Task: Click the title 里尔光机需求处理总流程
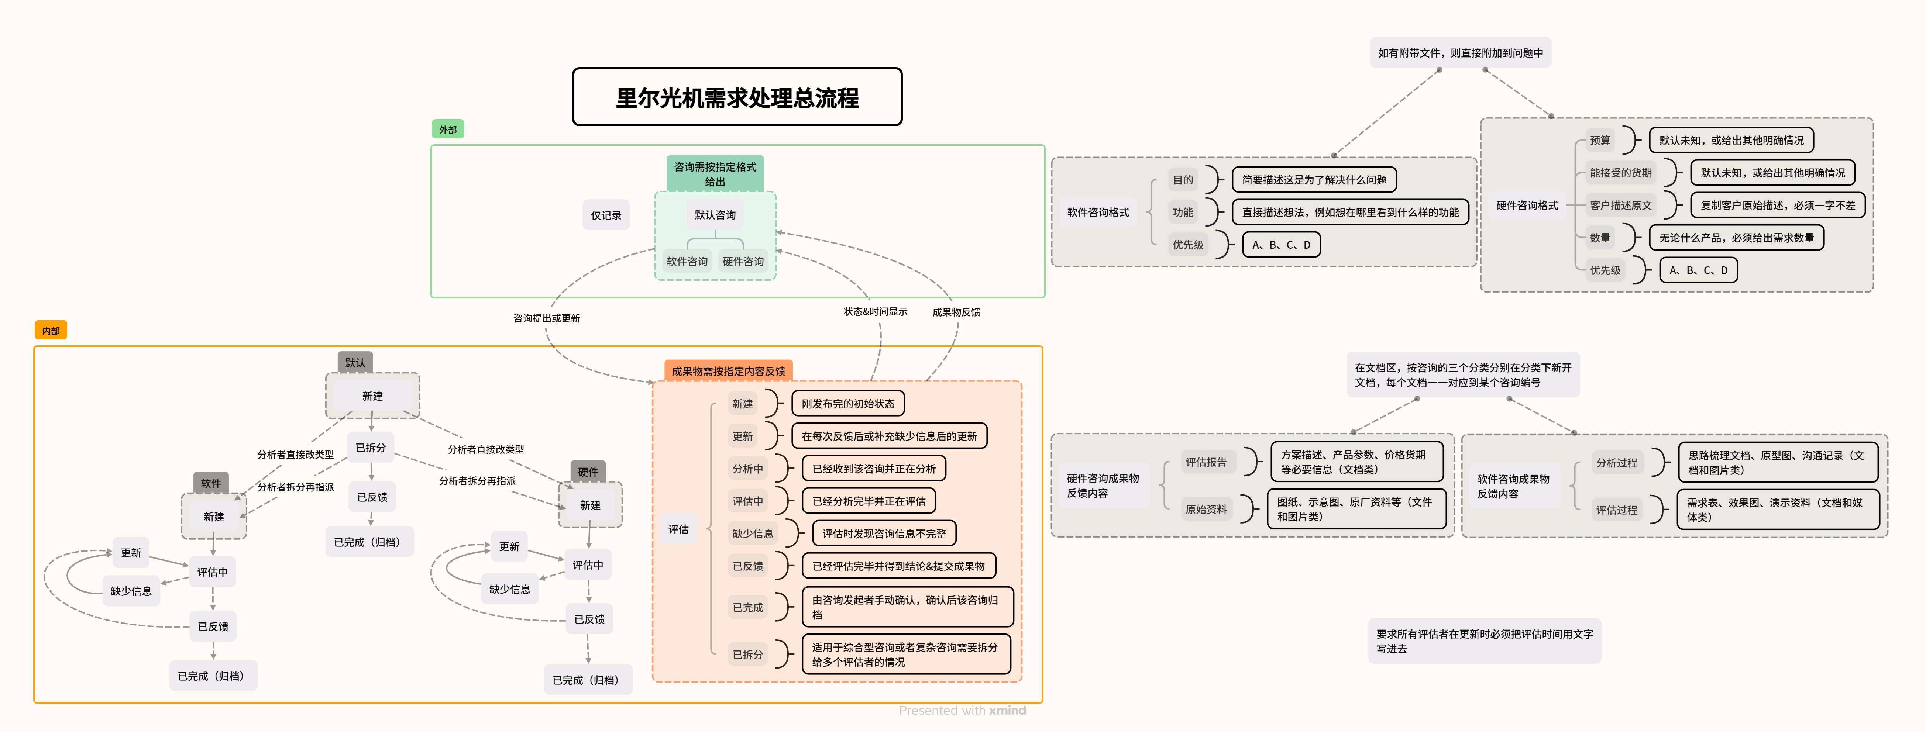pyautogui.click(x=737, y=97)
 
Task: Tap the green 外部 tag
pyautogui.click(x=448, y=130)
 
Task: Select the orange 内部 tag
pyautogui.click(x=51, y=331)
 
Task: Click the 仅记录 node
pyautogui.click(x=606, y=215)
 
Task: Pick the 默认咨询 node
pyautogui.click(x=715, y=215)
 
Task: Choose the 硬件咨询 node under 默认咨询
pyautogui.click(x=743, y=261)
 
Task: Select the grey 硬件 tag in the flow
pyautogui.click(x=588, y=472)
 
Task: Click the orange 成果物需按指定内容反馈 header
pyautogui.click(x=728, y=371)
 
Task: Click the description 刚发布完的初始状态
pyautogui.click(x=848, y=404)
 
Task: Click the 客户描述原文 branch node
pyautogui.click(x=1620, y=205)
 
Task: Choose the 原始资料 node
pyautogui.click(x=1206, y=509)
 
